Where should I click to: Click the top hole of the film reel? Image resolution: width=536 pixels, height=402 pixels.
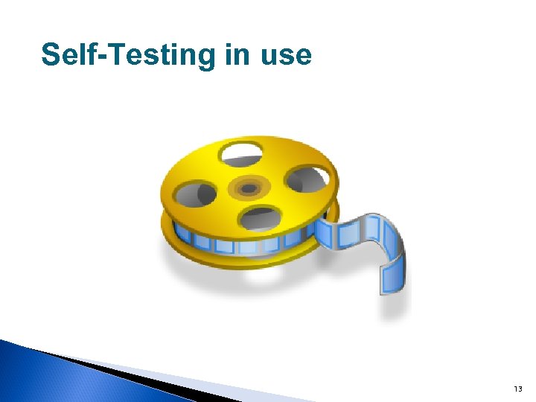point(241,155)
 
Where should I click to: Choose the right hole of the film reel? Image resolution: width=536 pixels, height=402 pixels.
point(305,179)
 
